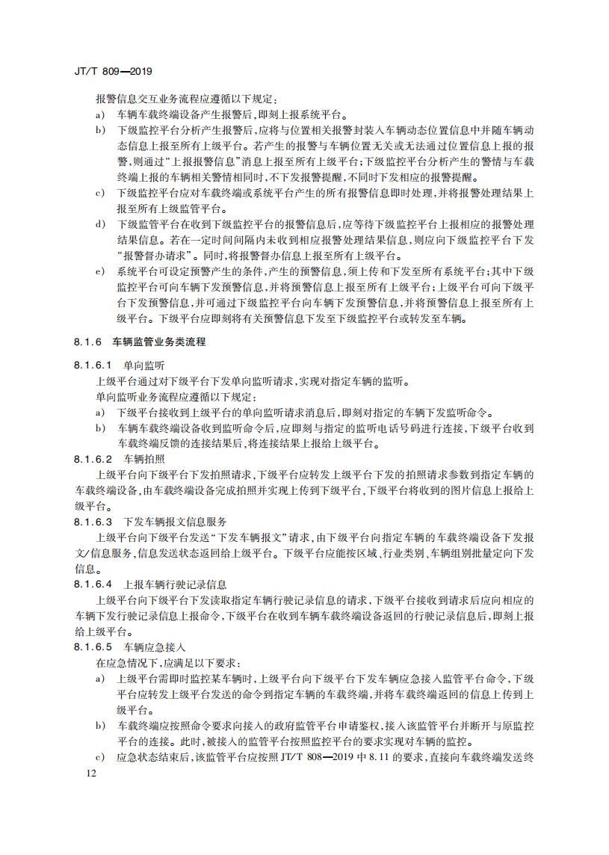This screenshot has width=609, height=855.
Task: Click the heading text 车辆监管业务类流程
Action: pyautogui.click(x=158, y=342)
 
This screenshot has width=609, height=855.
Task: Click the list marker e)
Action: pyautogui.click(x=99, y=270)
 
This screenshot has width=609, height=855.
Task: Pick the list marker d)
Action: pyautogui.click(x=99, y=223)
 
